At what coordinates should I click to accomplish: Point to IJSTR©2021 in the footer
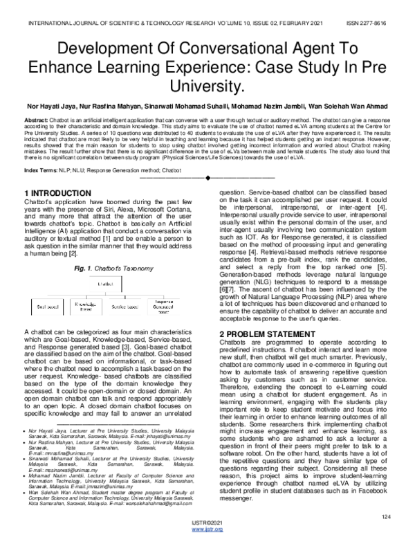point(207,523)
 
